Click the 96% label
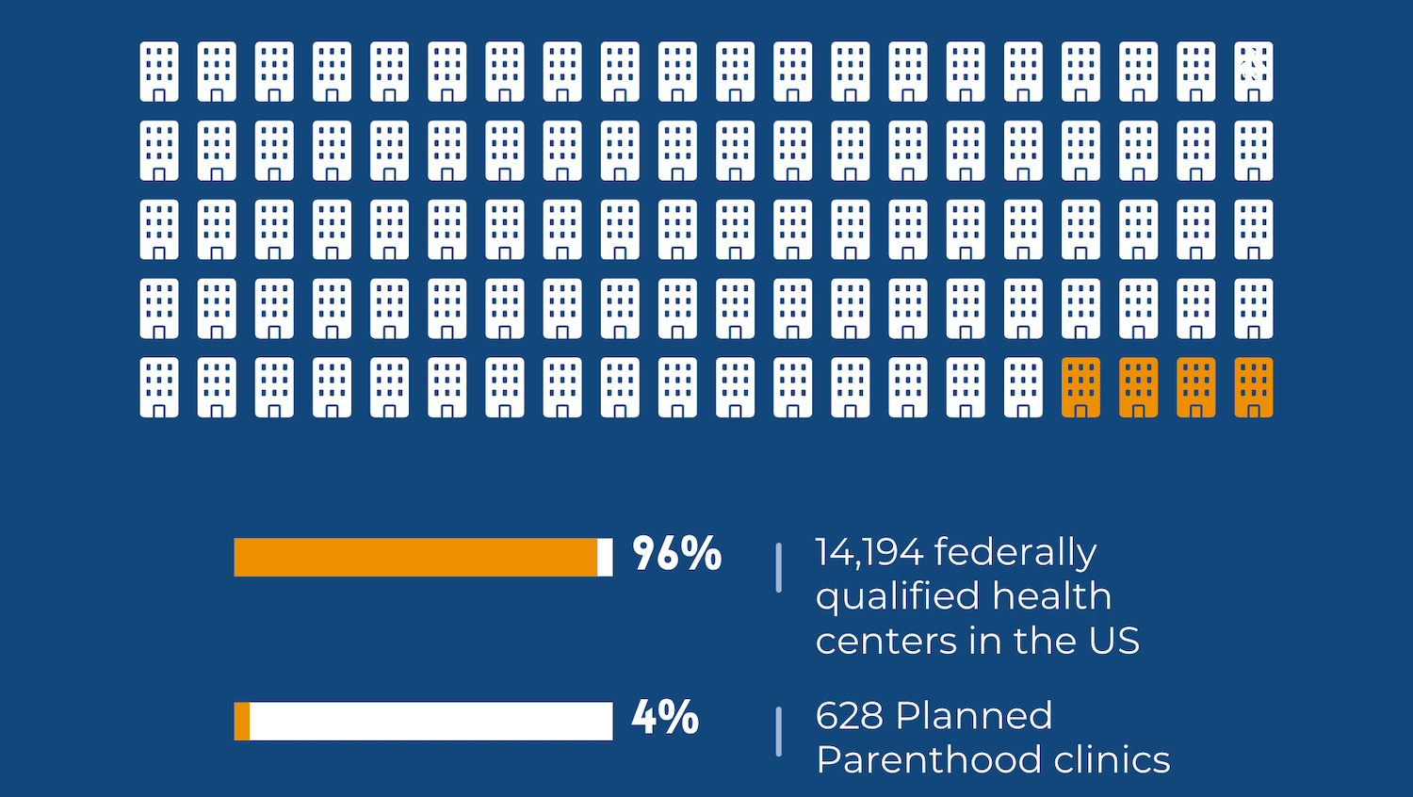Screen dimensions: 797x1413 click(x=676, y=554)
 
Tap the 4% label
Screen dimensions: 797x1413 click(x=665, y=718)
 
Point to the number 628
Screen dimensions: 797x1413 click(x=849, y=716)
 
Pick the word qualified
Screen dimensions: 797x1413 click(x=897, y=597)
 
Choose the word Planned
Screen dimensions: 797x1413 click(x=974, y=716)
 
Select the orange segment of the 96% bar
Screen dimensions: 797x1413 click(x=415, y=557)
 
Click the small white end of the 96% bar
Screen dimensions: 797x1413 click(x=605, y=557)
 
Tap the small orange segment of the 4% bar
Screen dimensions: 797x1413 click(x=242, y=721)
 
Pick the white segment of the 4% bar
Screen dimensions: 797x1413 click(x=430, y=721)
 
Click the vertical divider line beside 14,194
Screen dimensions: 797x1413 click(x=778, y=567)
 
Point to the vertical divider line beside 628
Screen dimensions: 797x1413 click(x=778, y=731)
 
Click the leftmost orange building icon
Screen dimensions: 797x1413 click(x=1080, y=387)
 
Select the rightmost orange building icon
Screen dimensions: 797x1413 click(x=1253, y=387)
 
